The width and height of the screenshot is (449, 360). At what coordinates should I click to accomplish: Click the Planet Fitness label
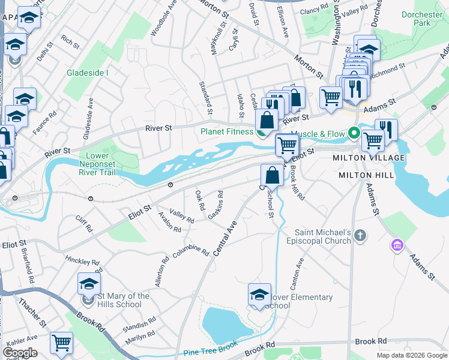(227, 131)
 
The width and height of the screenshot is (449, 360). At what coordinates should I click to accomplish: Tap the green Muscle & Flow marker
(354, 133)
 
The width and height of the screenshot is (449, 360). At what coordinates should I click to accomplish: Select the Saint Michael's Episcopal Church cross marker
(360, 235)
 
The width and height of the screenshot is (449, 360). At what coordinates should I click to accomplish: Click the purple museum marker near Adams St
(396, 244)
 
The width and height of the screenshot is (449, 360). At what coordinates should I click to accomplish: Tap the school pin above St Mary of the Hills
(89, 284)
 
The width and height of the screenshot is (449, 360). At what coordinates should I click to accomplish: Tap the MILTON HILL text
(366, 175)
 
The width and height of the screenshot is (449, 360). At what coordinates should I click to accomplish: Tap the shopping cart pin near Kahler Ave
(61, 343)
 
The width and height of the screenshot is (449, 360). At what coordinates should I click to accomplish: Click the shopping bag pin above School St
(272, 175)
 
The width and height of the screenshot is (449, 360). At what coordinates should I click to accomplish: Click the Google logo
(20, 352)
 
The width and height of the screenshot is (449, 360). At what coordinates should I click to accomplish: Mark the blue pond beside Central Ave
(223, 324)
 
